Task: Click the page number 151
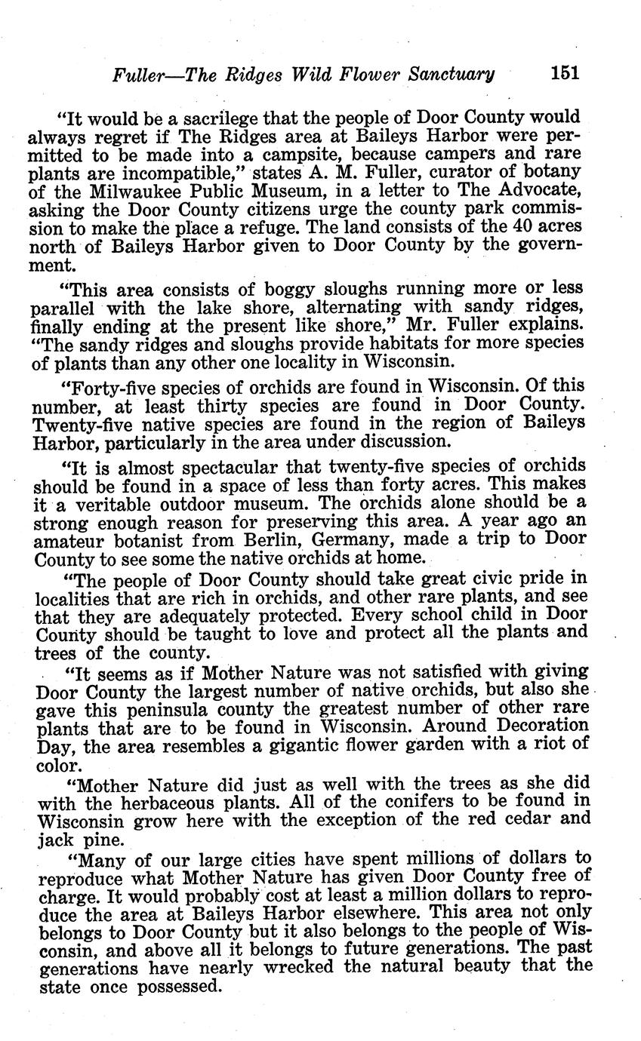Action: click(x=565, y=73)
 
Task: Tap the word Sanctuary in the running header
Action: click(x=451, y=74)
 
